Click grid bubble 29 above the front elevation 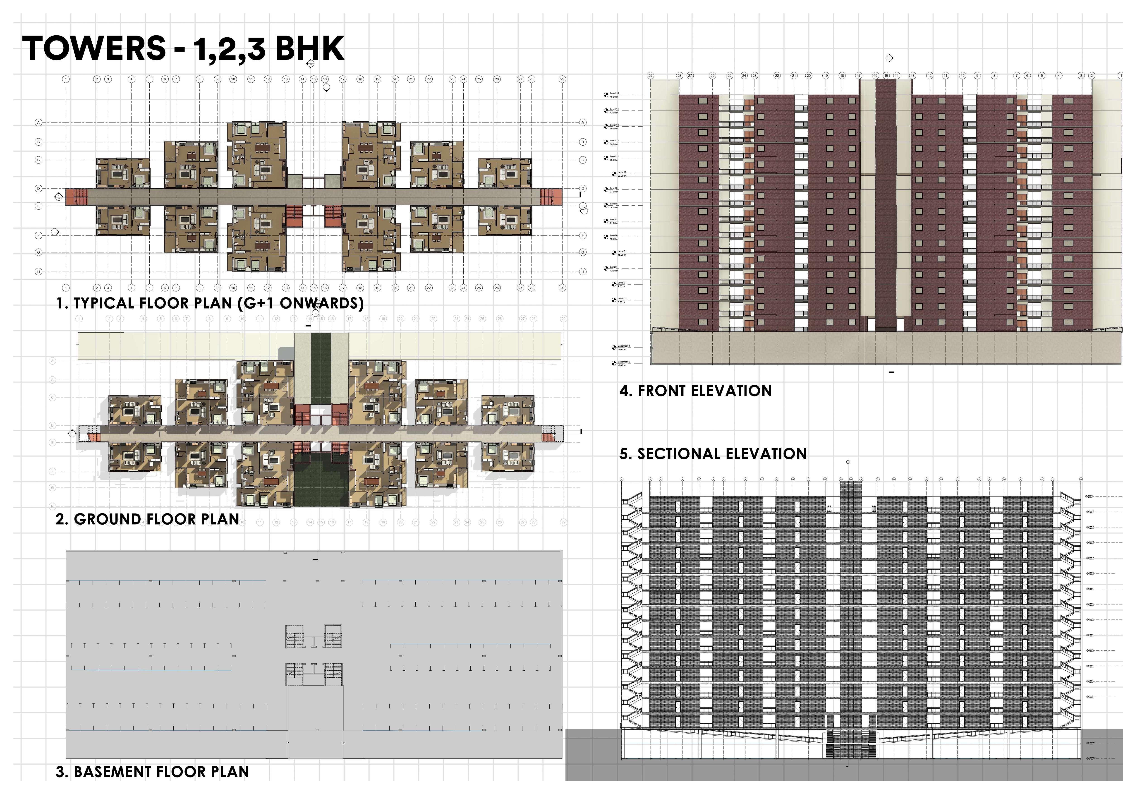point(651,75)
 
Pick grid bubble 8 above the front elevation point(994,75)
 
